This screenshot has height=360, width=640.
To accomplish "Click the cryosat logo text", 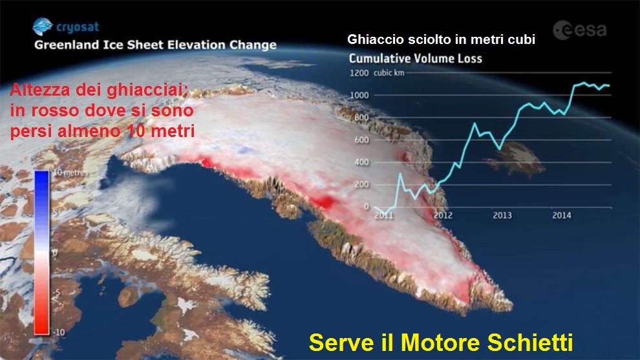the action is [78, 27].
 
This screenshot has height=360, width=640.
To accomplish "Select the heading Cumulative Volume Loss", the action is [416, 58].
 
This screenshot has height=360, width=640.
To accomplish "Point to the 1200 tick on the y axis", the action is [359, 73].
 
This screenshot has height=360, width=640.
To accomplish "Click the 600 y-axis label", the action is [361, 140].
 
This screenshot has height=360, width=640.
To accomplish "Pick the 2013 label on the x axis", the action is [502, 215].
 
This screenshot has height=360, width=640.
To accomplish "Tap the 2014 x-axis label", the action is [562, 215].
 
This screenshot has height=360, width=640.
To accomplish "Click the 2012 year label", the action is [443, 215].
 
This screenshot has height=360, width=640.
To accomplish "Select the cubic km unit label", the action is [389, 73].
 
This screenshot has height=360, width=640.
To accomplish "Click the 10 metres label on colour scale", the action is [71, 173].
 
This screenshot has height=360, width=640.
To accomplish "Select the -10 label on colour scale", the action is [59, 332].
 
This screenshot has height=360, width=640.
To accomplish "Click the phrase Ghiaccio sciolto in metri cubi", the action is [442, 39].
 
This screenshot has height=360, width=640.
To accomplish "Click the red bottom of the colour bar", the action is [41, 328].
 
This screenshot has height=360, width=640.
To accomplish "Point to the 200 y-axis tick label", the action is [361, 184].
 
